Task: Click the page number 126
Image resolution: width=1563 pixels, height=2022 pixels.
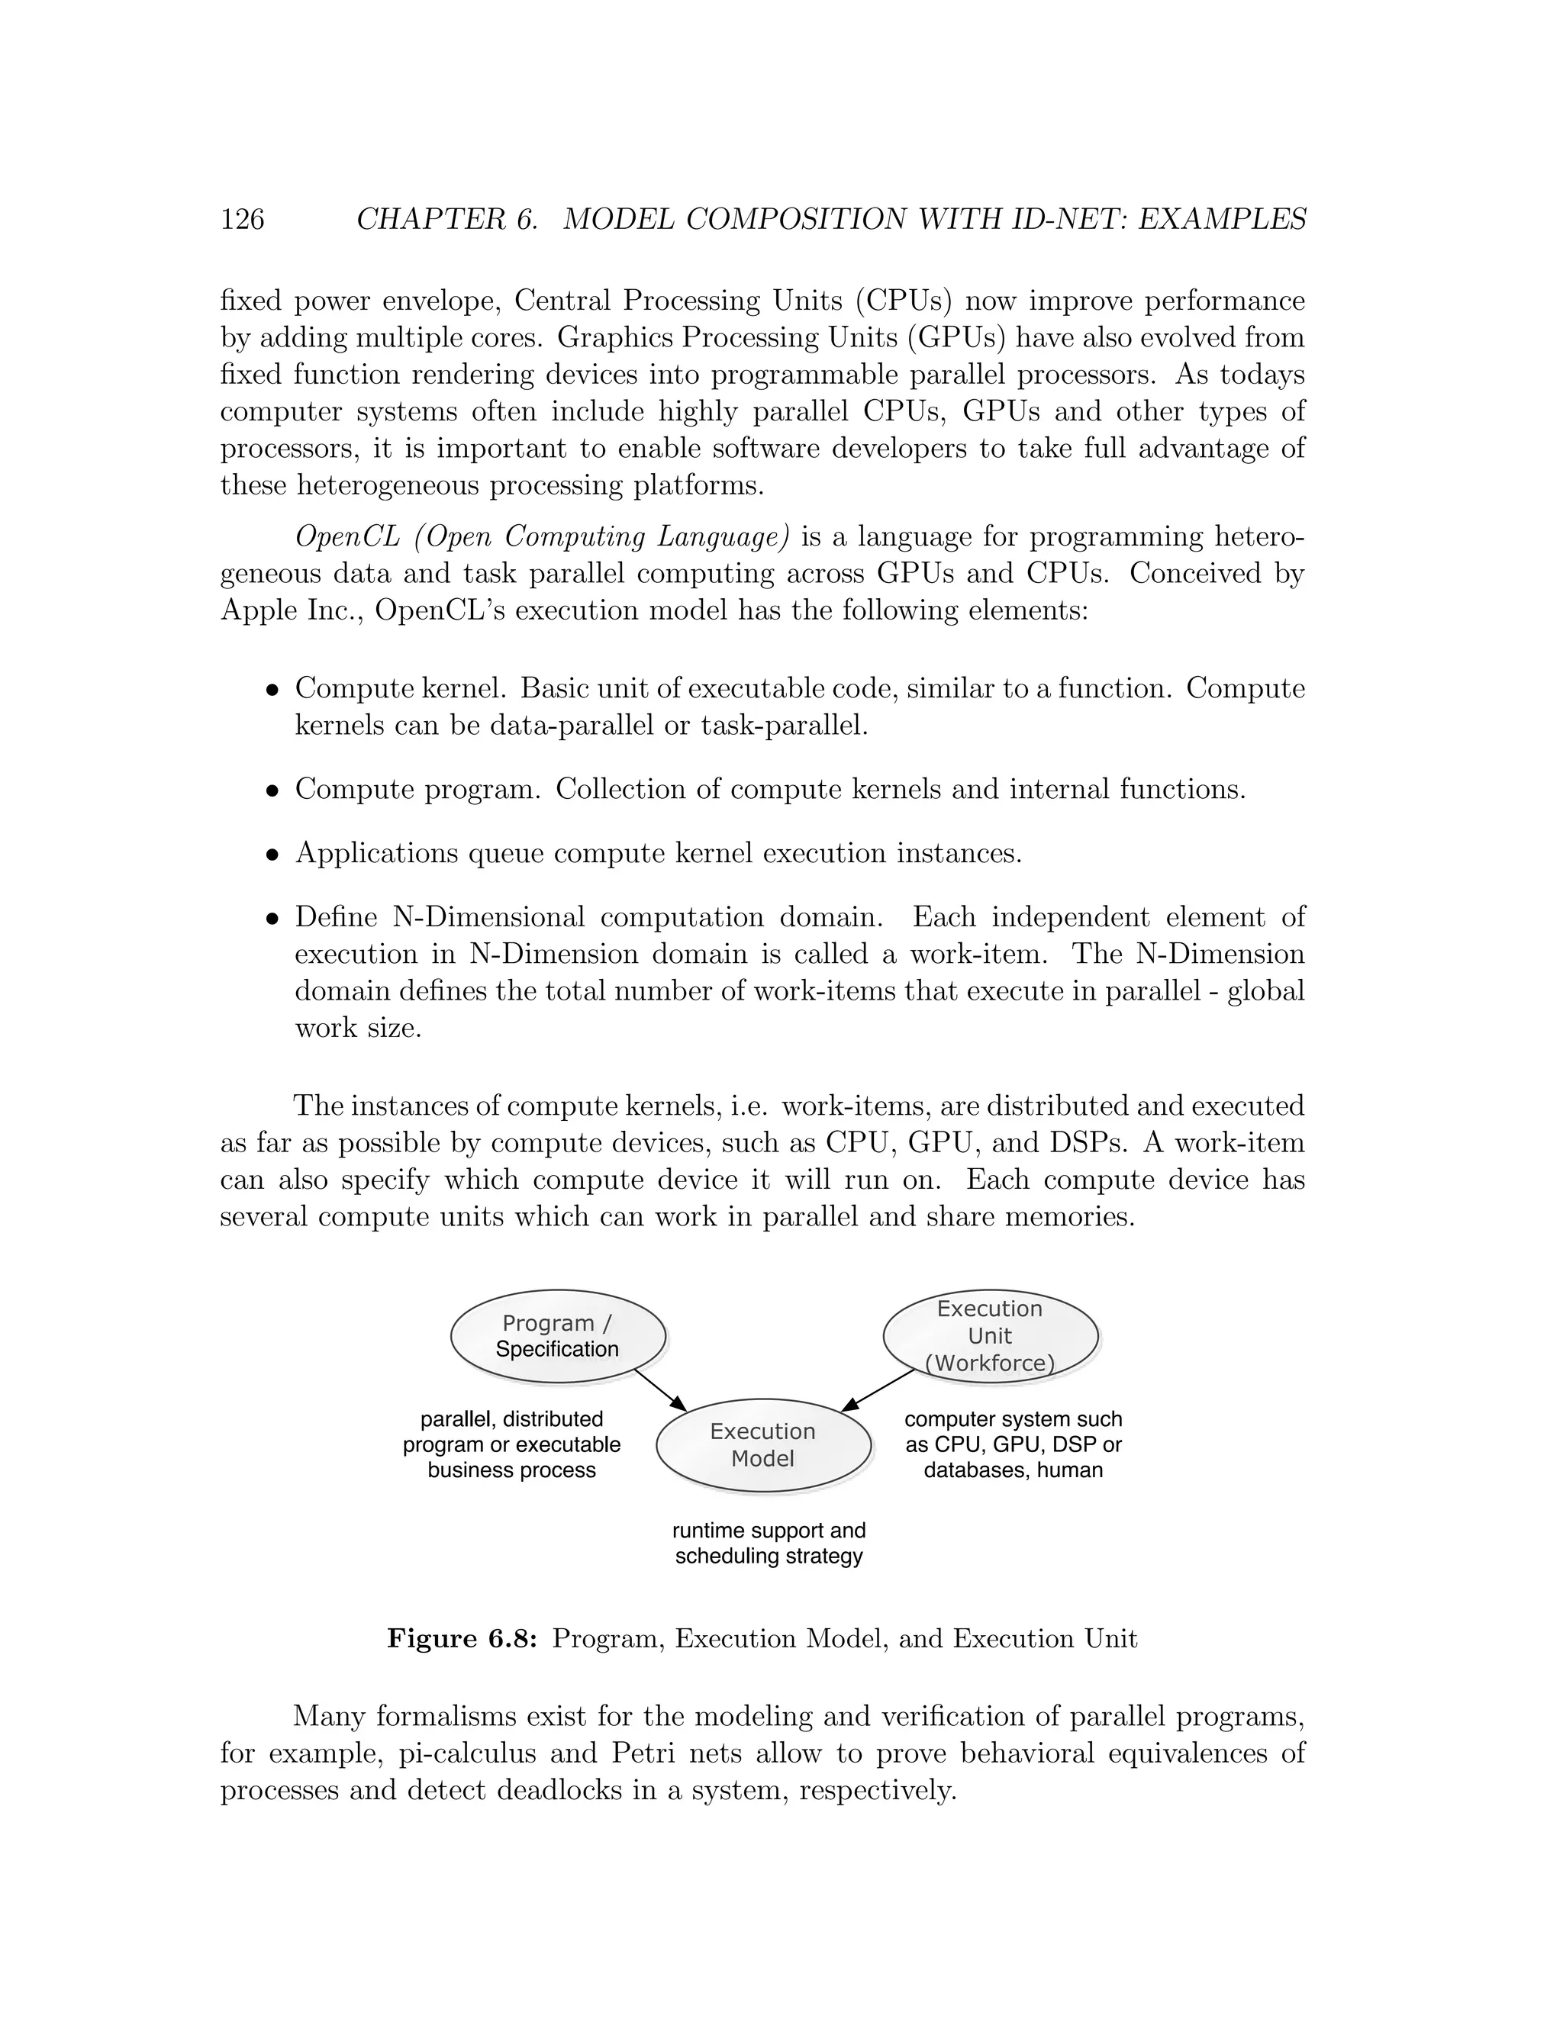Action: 243,220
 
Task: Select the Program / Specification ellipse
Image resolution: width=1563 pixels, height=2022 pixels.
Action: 557,1336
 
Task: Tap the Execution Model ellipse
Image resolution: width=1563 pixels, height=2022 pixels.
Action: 763,1445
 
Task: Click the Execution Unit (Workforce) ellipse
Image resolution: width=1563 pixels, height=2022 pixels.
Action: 990,1335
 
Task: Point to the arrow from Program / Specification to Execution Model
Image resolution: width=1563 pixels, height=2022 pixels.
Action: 660,1389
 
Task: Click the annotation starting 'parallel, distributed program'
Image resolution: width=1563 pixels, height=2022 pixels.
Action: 511,1444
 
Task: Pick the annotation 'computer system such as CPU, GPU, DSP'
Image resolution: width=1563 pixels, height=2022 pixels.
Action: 1013,1444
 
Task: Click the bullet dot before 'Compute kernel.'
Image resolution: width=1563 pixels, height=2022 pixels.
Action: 272,691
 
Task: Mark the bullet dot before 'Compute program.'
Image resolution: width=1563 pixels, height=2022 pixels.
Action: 272,791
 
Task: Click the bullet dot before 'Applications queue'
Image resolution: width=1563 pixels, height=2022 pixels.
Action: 272,855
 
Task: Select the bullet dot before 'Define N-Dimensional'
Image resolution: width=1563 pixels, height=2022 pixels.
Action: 272,919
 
